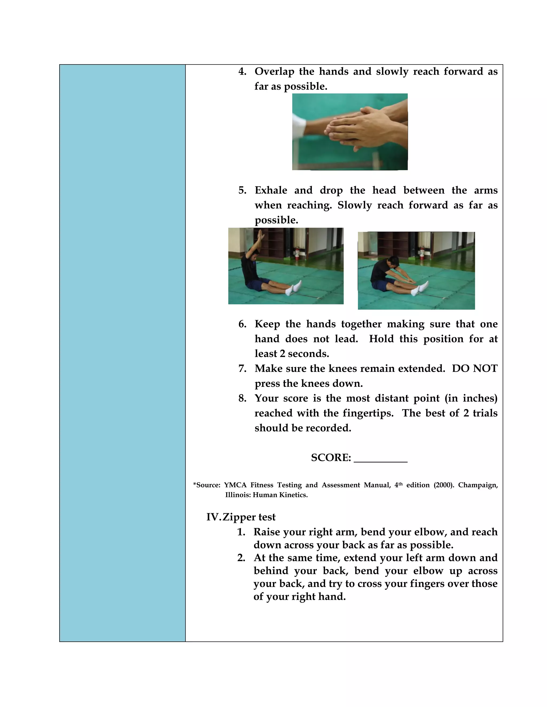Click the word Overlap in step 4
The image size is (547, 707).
pos(274,72)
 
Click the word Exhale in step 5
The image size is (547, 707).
pos(271,190)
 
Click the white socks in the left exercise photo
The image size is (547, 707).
pos(294,288)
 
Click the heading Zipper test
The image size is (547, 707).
pos(249,517)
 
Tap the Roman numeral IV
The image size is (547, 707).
pos(213,517)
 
